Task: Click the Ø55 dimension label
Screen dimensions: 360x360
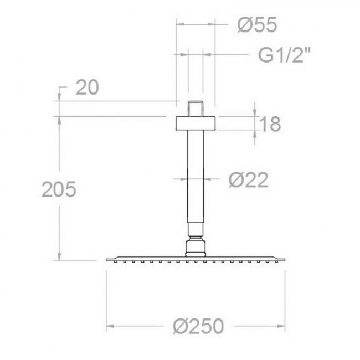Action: tap(257, 25)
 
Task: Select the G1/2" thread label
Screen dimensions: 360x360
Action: tap(285, 55)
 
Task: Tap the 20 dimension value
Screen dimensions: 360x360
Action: tap(88, 88)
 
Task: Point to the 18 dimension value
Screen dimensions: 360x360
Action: tap(271, 124)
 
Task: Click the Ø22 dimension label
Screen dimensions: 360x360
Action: tap(249, 180)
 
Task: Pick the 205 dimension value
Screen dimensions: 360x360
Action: tap(59, 189)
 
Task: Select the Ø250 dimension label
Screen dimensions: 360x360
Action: tap(198, 326)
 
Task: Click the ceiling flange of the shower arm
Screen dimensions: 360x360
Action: tap(196, 124)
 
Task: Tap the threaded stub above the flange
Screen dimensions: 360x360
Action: tap(196, 109)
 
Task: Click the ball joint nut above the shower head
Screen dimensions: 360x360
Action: tap(196, 248)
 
